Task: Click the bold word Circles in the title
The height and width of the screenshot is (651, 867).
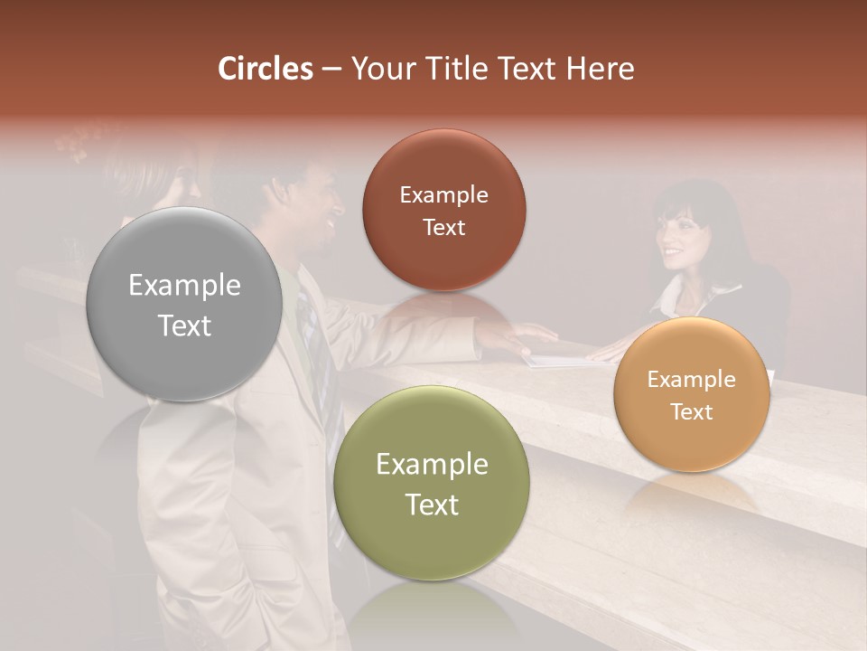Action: pyautogui.click(x=265, y=69)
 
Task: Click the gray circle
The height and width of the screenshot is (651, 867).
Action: pyautogui.click(x=184, y=305)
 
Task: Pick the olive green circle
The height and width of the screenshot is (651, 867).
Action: pyautogui.click(x=432, y=484)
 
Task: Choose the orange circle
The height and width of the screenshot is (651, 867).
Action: pyautogui.click(x=691, y=395)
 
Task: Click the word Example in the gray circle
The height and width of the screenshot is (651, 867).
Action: pyautogui.click(x=184, y=286)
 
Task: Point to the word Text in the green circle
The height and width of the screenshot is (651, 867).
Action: pyautogui.click(x=432, y=505)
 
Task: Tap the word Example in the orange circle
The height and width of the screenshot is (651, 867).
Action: pyautogui.click(x=691, y=380)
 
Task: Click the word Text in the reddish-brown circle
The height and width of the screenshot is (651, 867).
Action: pyautogui.click(x=443, y=227)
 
